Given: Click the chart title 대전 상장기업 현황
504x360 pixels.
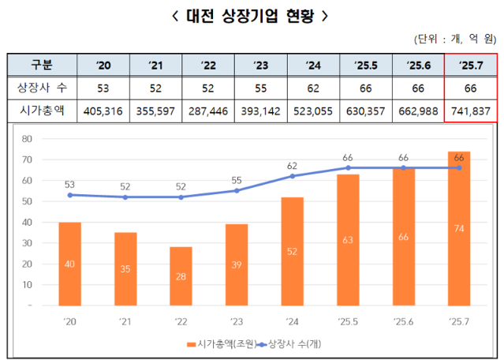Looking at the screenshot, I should [252, 15].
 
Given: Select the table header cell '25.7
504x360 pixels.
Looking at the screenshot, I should [471, 65].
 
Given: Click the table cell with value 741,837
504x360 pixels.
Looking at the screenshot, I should [471, 111].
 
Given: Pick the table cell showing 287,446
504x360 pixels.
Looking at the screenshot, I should [208, 111].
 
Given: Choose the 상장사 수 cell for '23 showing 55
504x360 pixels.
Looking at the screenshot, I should [260, 88].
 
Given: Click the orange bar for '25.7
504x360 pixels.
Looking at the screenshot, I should [459, 228].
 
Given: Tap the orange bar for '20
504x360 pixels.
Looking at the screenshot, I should [69, 263].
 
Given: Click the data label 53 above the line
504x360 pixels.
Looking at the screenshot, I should [69, 183].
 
